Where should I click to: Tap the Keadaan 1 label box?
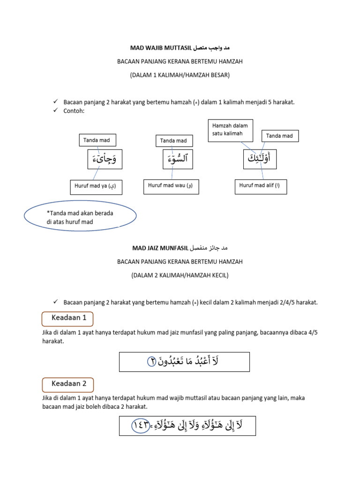click(x=67, y=318)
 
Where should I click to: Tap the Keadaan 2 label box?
click(x=67, y=383)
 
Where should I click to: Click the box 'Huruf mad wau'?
click(x=170, y=187)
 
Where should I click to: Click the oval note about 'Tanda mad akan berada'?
click(x=80, y=217)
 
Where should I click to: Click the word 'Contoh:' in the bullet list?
click(x=74, y=111)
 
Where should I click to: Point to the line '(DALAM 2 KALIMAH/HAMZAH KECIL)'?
click(x=180, y=275)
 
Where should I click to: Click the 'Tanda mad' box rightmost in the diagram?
click(x=279, y=136)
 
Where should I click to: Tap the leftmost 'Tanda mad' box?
click(x=97, y=140)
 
